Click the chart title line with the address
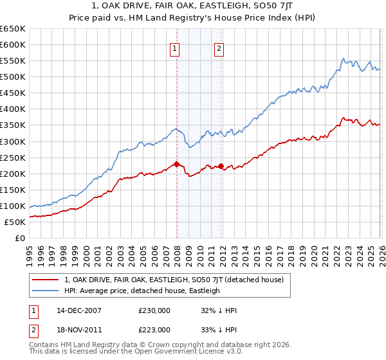(x=193, y=6)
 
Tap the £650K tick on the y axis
(x=13, y=29)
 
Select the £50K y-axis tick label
(x=15, y=222)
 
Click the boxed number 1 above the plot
(x=175, y=48)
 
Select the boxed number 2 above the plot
(x=219, y=48)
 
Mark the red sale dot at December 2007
(x=176, y=164)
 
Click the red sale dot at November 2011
(x=221, y=166)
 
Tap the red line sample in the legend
(x=45, y=280)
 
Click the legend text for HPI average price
(x=142, y=291)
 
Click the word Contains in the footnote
(x=44, y=346)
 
